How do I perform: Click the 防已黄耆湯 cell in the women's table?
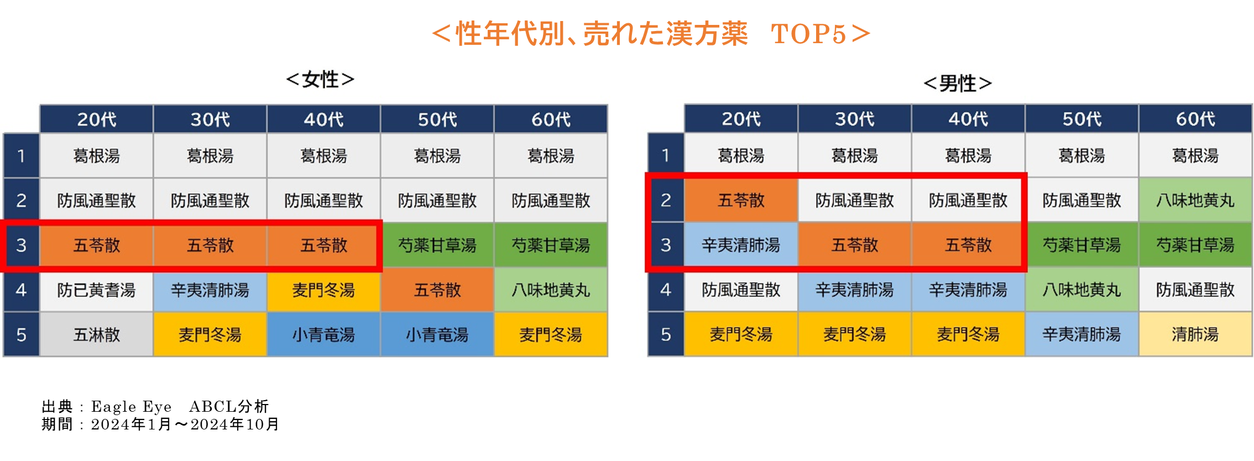coord(96,289)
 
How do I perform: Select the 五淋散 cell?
coord(96,334)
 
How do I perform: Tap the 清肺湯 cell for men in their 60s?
coord(1195,334)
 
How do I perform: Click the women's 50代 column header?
coord(437,119)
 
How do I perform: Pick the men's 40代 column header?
coord(968,119)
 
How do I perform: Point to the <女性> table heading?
coord(320,80)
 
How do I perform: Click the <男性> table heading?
coord(958,84)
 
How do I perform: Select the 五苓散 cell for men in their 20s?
coord(741,200)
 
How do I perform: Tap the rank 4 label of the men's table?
coord(666,289)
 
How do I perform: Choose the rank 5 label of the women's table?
coord(22,334)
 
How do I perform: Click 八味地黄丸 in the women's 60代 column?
coord(551,289)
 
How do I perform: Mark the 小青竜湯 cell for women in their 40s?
coord(323,334)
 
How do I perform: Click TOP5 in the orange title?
coord(808,34)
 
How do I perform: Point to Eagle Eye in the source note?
coord(132,407)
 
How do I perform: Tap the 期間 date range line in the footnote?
coord(160,424)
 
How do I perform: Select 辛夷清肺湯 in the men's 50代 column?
coord(1081,334)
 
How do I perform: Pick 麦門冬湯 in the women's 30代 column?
coord(210,334)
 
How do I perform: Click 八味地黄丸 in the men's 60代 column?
coord(1195,200)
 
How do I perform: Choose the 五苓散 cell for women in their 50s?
coord(437,289)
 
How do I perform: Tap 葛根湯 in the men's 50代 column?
coord(1081,156)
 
